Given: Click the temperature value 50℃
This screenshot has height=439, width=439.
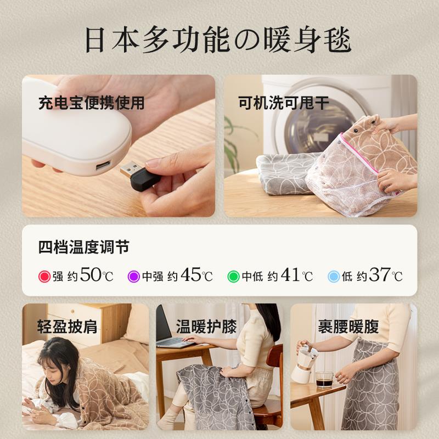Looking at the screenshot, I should tap(97, 275).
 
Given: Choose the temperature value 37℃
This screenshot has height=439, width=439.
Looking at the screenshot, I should tap(386, 275).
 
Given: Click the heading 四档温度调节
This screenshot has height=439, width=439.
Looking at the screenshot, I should tap(84, 247).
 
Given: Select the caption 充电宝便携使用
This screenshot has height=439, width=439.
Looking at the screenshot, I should tap(91, 103).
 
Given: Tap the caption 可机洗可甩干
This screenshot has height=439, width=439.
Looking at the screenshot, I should tap(284, 103).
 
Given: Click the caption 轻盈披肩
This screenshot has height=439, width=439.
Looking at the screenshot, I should tap(67, 328).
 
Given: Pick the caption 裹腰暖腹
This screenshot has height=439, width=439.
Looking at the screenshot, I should tap(348, 328).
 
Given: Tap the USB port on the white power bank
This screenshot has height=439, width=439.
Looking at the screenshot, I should tap(103, 166).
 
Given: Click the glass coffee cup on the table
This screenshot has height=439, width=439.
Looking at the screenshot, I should tap(324, 379).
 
